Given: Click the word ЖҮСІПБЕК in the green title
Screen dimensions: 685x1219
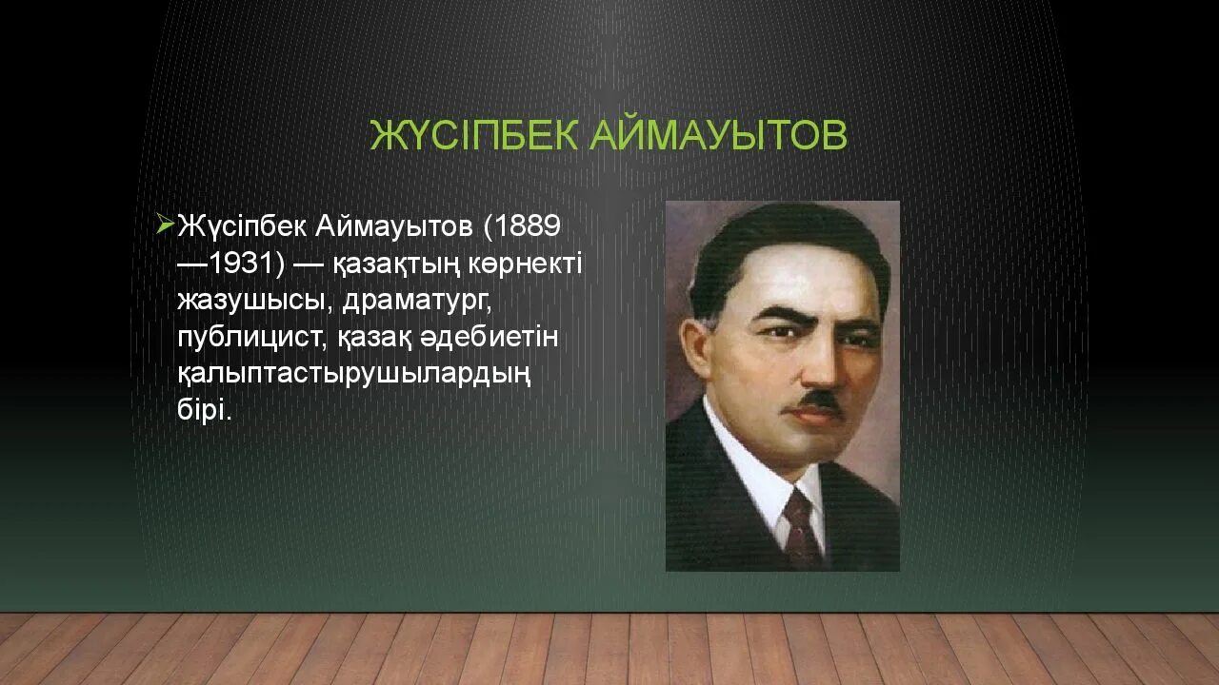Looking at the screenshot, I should pos(474,135).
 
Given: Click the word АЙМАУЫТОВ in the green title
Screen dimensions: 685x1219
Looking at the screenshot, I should pos(717,135).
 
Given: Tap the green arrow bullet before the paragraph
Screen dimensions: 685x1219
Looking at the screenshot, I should pos(164,225).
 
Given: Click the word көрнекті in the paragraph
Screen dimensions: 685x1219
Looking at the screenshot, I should pos(526,264).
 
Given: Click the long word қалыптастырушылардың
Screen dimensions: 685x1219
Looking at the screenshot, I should pos(353,374).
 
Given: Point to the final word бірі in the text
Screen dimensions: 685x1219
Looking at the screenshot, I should pos(204,411).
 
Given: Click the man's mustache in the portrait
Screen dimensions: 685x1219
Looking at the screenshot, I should pos(820,400).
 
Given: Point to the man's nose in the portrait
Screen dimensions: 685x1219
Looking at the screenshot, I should pos(819,366).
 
